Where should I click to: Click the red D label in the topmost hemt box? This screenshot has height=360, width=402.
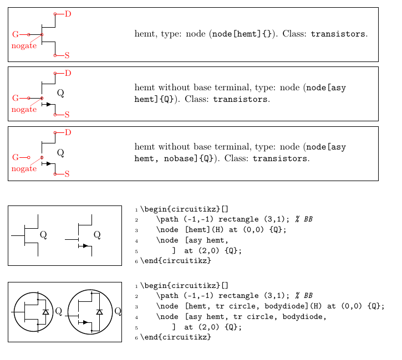(x=68, y=13)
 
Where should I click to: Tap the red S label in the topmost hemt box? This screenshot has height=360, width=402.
(x=67, y=55)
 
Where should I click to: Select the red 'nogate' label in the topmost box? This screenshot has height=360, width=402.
(x=24, y=46)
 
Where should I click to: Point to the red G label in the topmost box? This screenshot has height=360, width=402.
(x=15, y=34)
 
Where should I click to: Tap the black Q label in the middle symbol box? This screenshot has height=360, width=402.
(x=60, y=92)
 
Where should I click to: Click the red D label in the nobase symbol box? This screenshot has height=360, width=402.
(x=68, y=132)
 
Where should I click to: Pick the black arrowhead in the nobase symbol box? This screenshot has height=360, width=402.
(x=49, y=163)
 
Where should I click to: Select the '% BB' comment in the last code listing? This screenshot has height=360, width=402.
(x=304, y=296)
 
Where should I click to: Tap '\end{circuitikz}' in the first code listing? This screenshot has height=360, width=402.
(x=175, y=260)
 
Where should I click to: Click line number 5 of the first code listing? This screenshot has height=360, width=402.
(x=136, y=250)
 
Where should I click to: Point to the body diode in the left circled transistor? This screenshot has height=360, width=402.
(x=45, y=312)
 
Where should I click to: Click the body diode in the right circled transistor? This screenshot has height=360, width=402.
(x=99, y=312)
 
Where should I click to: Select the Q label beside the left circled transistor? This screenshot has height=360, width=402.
(x=58, y=311)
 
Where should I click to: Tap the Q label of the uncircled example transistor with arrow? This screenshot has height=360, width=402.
(x=97, y=235)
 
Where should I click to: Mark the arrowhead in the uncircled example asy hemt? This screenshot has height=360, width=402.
(x=85, y=246)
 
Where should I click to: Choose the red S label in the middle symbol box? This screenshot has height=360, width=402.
(x=67, y=115)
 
